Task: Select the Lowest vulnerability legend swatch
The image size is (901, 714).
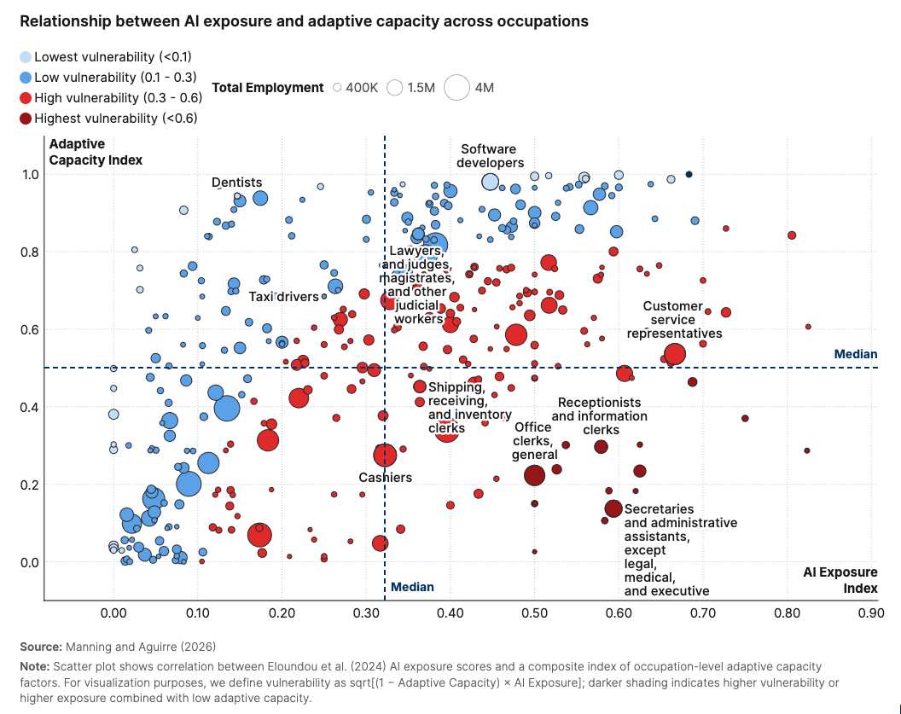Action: [x=26, y=57]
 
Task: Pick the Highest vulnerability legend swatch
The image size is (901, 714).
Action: [x=26, y=119]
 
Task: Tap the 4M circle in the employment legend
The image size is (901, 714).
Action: [x=457, y=87]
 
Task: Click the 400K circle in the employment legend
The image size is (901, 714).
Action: [x=338, y=88]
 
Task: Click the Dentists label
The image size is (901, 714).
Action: [x=236, y=183]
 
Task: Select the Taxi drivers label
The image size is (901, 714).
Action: [x=283, y=297]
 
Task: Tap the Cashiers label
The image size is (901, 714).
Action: [x=385, y=478]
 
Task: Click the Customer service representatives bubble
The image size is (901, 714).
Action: [x=675, y=354]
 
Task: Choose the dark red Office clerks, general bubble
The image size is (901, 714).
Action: [x=534, y=475]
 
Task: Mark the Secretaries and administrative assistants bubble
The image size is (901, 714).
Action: [x=613, y=508]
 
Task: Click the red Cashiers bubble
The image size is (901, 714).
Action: [x=385, y=455]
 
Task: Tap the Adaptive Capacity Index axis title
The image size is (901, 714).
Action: [x=96, y=152]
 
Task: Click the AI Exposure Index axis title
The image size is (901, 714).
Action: [x=840, y=580]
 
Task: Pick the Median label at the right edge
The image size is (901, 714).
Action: [x=855, y=354]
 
